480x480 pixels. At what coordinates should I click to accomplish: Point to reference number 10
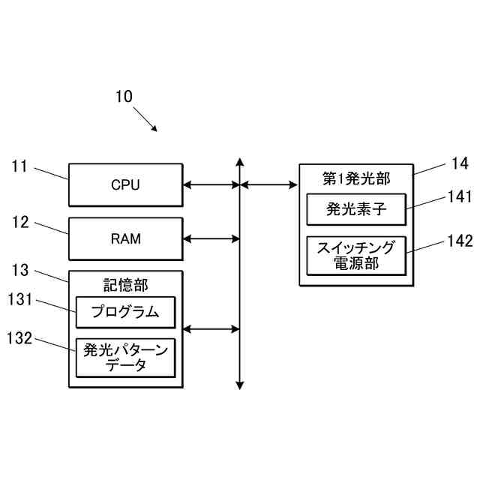point(124,97)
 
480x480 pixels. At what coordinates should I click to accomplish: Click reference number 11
point(19,166)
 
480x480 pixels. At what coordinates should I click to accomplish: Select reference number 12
point(20,222)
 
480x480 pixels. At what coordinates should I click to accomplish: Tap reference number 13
point(20,270)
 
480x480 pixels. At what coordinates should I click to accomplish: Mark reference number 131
point(19,299)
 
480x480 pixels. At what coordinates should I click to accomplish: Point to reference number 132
point(19,338)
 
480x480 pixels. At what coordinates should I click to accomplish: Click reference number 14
point(460,163)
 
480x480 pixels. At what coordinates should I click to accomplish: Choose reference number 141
point(460,196)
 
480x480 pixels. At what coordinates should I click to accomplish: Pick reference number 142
point(460,241)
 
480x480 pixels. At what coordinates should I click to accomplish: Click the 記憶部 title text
point(126,285)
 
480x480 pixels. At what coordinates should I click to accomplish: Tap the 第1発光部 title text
point(356,178)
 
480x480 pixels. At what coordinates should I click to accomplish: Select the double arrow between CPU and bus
point(211,185)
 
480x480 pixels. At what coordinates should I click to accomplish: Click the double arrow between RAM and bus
point(211,238)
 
